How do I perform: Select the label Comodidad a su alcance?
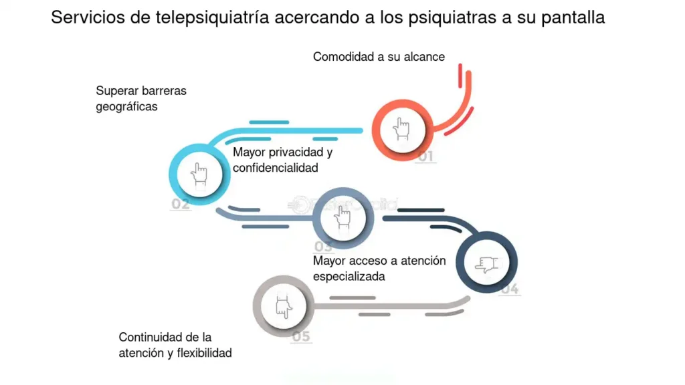click(379, 57)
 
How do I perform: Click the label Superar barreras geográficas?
click(140, 98)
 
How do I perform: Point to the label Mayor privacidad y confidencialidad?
click(282, 160)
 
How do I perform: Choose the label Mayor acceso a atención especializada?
click(379, 268)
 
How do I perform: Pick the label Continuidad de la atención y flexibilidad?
click(175, 345)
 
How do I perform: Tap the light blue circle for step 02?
click(199, 174)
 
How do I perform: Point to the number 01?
click(425, 158)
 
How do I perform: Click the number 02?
click(180, 205)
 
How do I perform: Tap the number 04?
click(510, 289)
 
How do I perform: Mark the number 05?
click(302, 336)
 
